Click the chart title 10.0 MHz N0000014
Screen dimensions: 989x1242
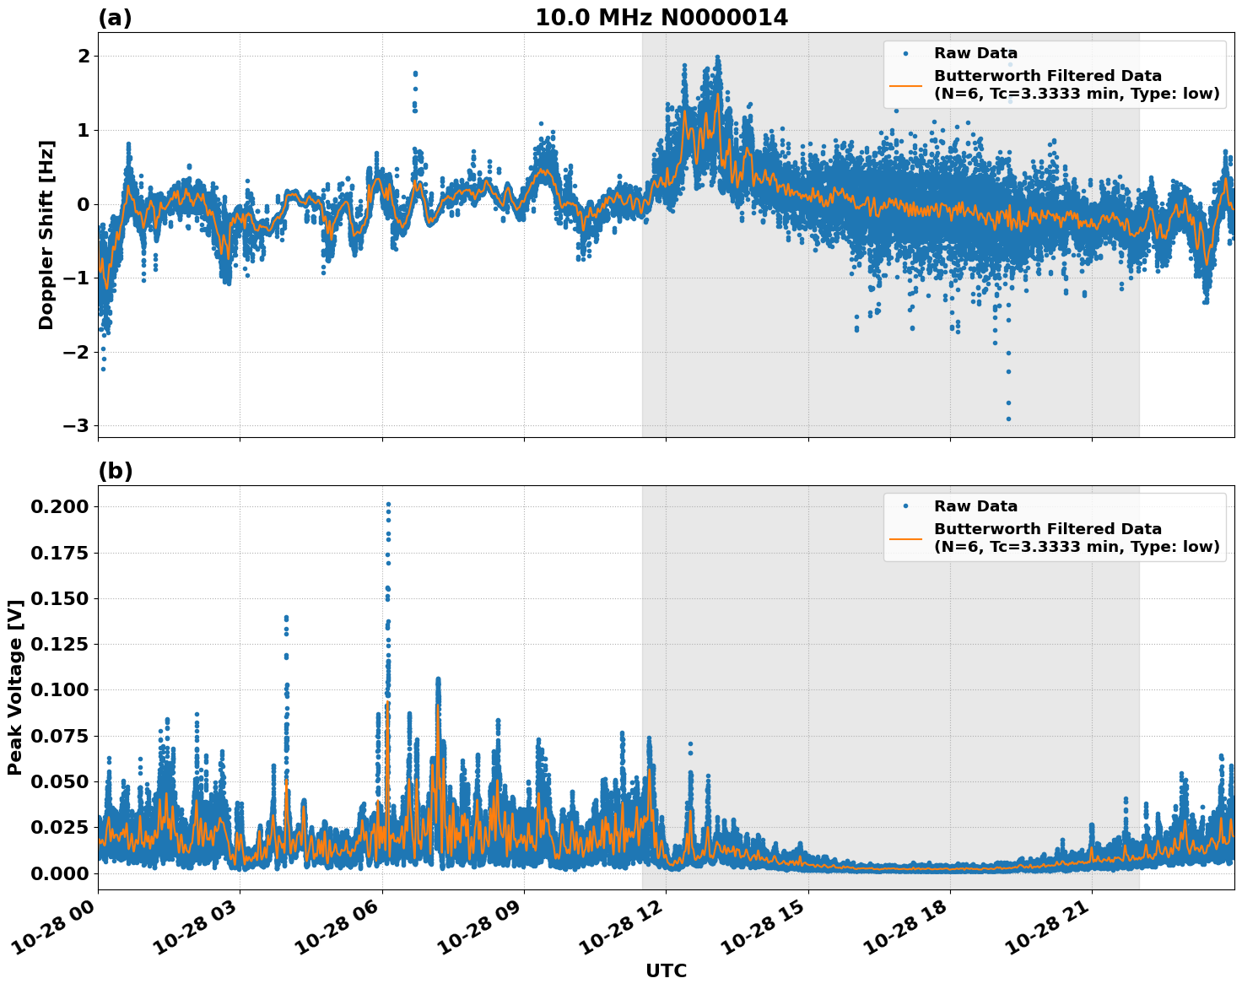pos(661,18)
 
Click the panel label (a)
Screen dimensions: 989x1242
pos(115,18)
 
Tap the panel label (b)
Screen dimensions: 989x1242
pos(116,471)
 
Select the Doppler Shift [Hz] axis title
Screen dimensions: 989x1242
pos(46,235)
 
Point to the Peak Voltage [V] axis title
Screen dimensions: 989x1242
pos(14,687)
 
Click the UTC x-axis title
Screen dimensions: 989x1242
pos(666,970)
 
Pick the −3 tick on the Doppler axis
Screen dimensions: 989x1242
pos(76,425)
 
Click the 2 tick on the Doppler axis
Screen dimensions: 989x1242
pos(84,56)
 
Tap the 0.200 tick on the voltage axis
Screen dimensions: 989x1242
pos(58,506)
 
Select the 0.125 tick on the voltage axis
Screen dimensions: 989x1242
pos(58,644)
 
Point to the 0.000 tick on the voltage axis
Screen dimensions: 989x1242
pos(58,873)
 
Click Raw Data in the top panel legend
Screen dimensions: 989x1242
pos(975,53)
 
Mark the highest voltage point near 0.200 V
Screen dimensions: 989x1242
pos(388,505)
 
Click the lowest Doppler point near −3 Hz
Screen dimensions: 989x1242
pos(1008,419)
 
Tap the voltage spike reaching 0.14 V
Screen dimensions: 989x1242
pos(286,619)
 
